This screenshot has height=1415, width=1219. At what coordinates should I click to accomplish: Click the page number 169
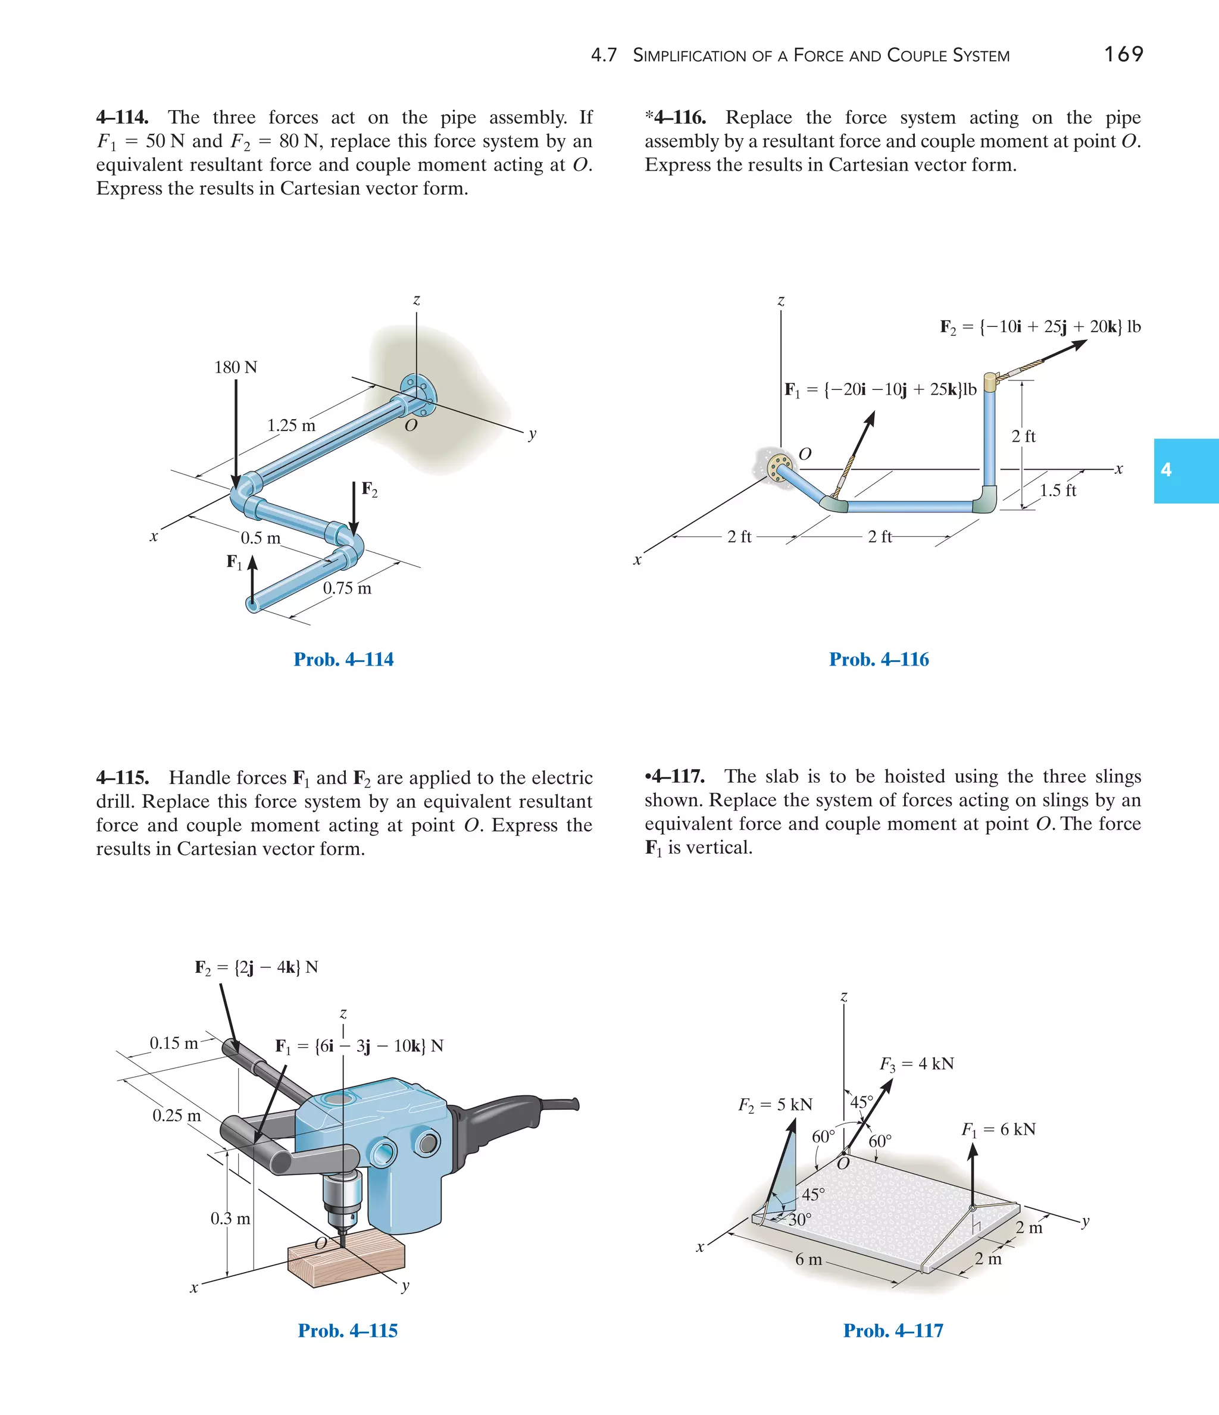click(1123, 54)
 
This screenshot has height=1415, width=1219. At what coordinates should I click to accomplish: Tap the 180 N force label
click(236, 367)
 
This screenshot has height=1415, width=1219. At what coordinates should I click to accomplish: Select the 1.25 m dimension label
click(292, 426)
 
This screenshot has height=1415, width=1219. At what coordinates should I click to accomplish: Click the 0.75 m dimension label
click(347, 588)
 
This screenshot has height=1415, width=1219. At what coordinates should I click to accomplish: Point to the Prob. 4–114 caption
click(343, 659)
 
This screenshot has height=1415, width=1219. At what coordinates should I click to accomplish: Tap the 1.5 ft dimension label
click(1058, 491)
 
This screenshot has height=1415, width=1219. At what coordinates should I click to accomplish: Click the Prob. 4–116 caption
click(879, 659)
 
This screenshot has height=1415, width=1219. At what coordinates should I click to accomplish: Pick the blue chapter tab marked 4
click(1186, 470)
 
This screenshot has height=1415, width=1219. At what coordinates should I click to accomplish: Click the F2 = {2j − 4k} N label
click(256, 967)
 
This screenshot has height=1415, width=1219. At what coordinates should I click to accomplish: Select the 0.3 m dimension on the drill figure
click(230, 1219)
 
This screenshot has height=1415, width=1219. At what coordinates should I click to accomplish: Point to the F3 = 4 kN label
click(917, 1064)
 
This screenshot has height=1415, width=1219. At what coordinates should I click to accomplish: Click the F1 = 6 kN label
click(998, 1129)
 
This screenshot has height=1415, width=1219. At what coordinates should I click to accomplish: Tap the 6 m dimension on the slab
click(808, 1259)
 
